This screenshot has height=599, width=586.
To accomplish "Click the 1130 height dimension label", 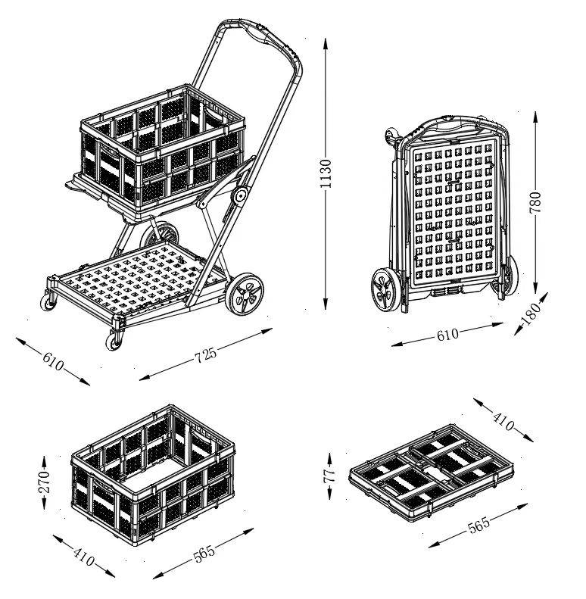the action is pyautogui.click(x=325, y=174).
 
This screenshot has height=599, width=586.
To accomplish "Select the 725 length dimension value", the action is pyautogui.click(x=205, y=355).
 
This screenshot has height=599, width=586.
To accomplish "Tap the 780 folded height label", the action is pyautogui.click(x=535, y=203).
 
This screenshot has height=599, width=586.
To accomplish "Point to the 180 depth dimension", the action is pyautogui.click(x=531, y=313).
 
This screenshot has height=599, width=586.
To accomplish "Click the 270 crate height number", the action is pyautogui.click(x=45, y=482).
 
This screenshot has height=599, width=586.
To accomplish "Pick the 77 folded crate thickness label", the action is pyautogui.click(x=329, y=476).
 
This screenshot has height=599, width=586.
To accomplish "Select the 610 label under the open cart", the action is pyautogui.click(x=53, y=361).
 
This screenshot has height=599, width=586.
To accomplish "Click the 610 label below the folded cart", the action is pyautogui.click(x=447, y=335).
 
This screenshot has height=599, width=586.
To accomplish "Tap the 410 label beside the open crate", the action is pyautogui.click(x=83, y=557).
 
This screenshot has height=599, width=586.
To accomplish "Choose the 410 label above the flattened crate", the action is pyautogui.click(x=503, y=421).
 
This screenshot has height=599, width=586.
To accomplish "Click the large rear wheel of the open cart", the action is pyautogui.click(x=245, y=294).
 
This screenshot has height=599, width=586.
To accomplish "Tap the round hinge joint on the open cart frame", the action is pyautogui.click(x=240, y=196).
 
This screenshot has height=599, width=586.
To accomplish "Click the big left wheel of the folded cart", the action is pyautogui.click(x=387, y=289).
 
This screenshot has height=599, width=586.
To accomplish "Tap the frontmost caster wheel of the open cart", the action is pyautogui.click(x=114, y=340).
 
